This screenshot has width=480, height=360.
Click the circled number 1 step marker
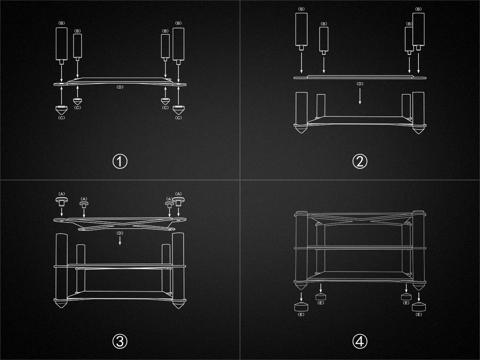[x=120, y=162]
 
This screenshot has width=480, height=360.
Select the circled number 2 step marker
[x=360, y=162]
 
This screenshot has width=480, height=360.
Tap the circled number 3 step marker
[x=120, y=341]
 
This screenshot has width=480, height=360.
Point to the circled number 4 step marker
[x=360, y=341]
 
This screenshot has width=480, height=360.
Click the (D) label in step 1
[x=120, y=87]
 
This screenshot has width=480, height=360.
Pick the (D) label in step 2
[x=360, y=84]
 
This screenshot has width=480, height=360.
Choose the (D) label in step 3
[x=120, y=233]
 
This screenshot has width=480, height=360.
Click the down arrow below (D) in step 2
[x=360, y=96]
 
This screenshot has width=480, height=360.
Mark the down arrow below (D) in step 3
[x=120, y=241]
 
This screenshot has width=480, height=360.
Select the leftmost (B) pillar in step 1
[x=62, y=46]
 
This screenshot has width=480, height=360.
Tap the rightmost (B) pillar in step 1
[x=178, y=46]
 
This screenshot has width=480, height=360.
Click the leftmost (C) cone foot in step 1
[x=62, y=110]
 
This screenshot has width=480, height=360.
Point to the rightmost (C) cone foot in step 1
[x=178, y=110]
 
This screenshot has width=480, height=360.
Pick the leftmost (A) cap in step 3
[x=62, y=202]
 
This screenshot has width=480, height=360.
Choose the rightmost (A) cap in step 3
[x=178, y=202]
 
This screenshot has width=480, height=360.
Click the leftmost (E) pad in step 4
[x=301, y=307]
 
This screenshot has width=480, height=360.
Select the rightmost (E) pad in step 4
[x=419, y=307]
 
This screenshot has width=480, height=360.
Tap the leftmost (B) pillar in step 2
[x=301, y=32]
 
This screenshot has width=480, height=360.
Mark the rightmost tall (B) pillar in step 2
[x=418, y=32]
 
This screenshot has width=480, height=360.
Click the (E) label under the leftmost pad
[x=301, y=314]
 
